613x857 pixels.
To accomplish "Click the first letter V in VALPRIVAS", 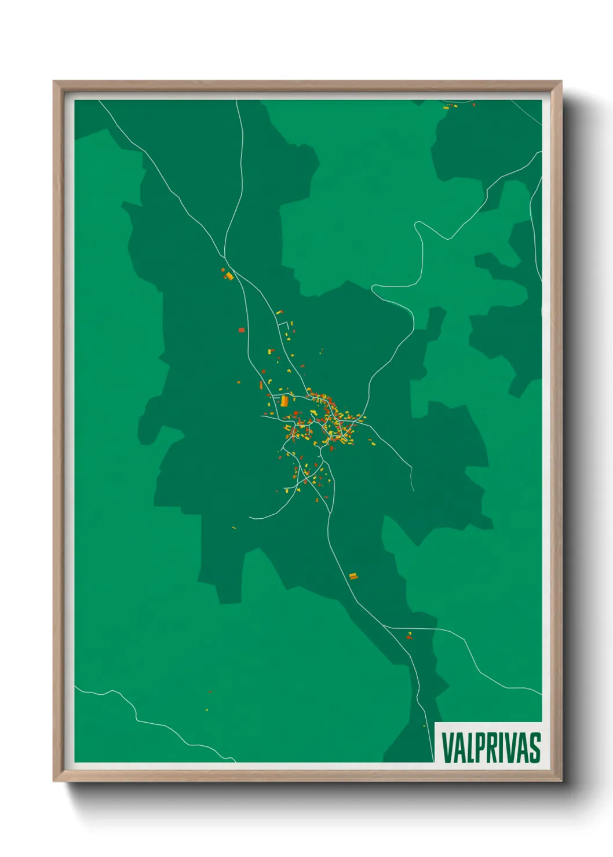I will tap(447, 748).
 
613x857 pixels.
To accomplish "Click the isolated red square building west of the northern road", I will tap(242, 330).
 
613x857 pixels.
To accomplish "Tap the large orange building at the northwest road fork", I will tap(229, 276).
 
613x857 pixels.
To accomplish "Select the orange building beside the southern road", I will tap(353, 576).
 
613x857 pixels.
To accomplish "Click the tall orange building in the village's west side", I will tap(284, 401).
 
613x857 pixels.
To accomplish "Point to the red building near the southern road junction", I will tap(409, 638).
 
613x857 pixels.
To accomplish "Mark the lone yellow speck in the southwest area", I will tap(207, 709).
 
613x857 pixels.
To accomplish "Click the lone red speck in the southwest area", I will tap(210, 692).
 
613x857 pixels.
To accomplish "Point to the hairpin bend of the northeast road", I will tap(418, 226).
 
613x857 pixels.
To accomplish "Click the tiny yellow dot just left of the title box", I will tap(424, 726).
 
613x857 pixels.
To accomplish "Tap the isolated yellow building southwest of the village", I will tap(233, 528).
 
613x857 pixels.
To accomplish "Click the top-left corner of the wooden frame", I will tap(54, 82).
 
